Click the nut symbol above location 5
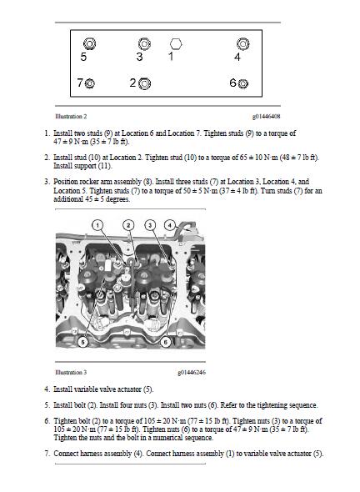(89, 43)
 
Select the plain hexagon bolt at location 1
(176, 43)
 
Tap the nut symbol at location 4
(243, 43)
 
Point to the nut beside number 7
(90, 83)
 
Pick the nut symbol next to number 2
(144, 83)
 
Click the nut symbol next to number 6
(243, 83)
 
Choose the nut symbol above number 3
(144, 43)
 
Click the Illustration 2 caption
(71, 117)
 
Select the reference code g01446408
(266, 117)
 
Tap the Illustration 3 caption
(71, 373)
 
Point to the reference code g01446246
(192, 373)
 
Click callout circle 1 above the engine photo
(97, 225)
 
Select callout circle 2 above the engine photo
(128, 225)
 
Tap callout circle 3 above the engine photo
(150, 225)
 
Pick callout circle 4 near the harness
(170, 225)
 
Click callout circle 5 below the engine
(82, 342)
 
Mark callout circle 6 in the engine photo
(166, 342)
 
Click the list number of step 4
(47, 389)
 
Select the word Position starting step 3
(66, 182)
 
